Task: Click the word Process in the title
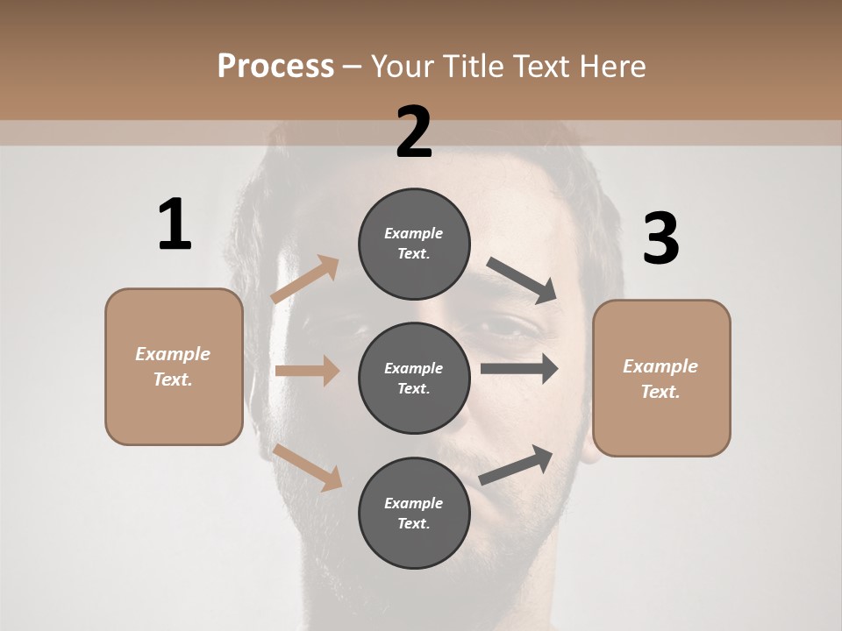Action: click(275, 67)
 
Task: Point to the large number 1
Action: click(175, 225)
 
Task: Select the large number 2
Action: click(414, 132)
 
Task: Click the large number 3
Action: click(660, 238)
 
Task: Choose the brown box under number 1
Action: click(174, 366)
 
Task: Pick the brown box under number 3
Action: click(661, 378)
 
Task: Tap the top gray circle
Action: click(414, 244)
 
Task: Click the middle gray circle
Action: click(414, 378)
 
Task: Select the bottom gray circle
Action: click(414, 513)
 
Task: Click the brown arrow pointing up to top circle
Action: click(305, 279)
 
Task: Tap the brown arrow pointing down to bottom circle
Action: click(308, 466)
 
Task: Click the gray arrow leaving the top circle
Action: click(521, 280)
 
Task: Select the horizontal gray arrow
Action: click(518, 369)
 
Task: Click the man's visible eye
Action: click(517, 329)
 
